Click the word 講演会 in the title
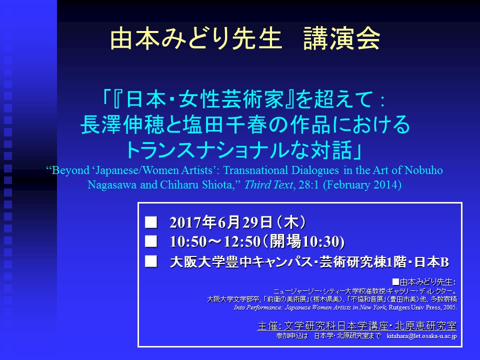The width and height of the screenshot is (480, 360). [341, 38]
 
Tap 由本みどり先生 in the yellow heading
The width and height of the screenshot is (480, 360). [196, 38]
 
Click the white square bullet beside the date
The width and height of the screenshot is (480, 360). [151, 222]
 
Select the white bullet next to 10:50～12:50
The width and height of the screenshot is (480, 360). [151, 241]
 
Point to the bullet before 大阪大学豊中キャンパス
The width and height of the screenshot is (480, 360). [151, 261]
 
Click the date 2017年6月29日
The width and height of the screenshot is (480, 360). [220, 222]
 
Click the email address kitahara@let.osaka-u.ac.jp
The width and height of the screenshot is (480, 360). [422, 336]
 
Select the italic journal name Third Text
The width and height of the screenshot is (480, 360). [268, 184]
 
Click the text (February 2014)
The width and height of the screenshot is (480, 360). [362, 185]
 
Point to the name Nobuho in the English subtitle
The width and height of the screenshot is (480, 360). [423, 170]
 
